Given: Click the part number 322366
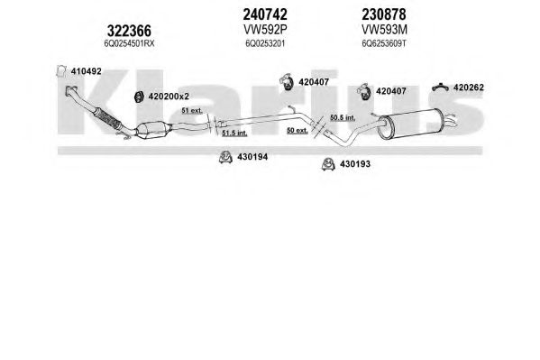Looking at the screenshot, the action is pos(129,31).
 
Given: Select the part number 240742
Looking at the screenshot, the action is pos(265,14).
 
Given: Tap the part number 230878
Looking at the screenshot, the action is pos(384,14).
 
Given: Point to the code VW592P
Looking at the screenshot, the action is pos(265,30).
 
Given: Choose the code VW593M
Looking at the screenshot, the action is pos(384,30).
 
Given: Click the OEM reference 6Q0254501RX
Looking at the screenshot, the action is pos(129,44).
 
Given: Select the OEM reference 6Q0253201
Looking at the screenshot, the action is pos(265,44).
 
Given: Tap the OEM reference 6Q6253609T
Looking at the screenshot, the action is pos(384,44).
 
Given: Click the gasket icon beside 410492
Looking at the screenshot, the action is pos(61,70).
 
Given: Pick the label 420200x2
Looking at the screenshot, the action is pos(169,97).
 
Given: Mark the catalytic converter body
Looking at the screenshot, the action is pos(153,130).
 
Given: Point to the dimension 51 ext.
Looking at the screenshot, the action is pos(192,111).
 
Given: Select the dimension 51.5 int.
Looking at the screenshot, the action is pos(234,133).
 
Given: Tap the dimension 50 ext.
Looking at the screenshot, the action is pos(297,130).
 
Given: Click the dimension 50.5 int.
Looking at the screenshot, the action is pos(343,117).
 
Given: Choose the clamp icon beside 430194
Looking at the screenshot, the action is pos(225,157).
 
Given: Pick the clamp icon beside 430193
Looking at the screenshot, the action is pos(328,164).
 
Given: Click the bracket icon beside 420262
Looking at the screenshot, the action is pos(440,88).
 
